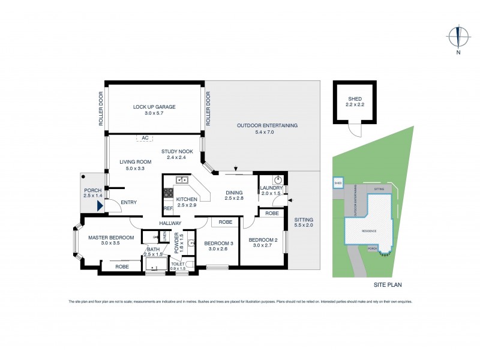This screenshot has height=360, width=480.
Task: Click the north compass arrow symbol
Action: coord(458,37)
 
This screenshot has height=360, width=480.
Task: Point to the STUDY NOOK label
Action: coord(178,152)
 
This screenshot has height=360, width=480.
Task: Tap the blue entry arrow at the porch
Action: coord(100,205)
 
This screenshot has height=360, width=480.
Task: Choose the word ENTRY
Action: coord(129,202)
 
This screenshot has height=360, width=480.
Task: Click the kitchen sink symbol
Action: coord(182,179)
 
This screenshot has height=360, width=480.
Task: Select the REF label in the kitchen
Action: coord(168,209)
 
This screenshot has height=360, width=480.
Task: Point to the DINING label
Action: coord(234,193)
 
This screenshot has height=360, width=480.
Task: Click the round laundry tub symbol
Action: coord(278,179)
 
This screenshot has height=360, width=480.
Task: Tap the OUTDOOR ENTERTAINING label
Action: coord(267,125)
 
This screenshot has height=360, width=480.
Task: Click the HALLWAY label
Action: coord(170,223)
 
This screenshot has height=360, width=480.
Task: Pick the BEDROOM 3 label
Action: coord(215,243)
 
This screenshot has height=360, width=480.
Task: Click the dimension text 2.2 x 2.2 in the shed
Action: coord(354,104)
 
